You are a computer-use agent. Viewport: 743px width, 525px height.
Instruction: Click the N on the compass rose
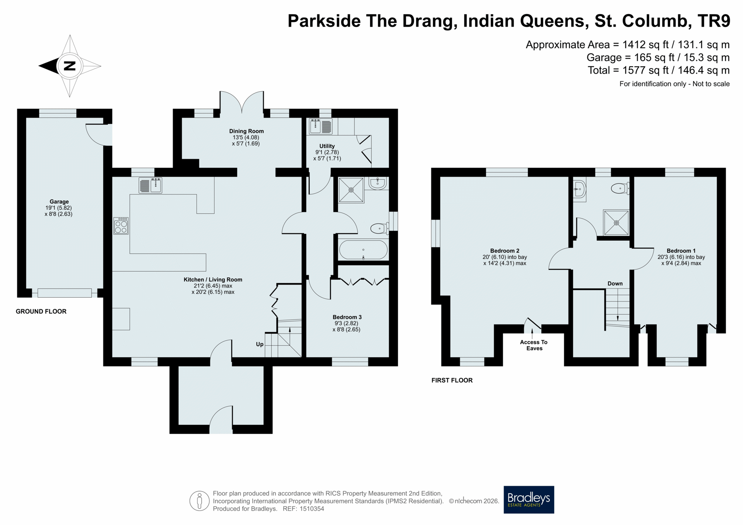(x=70, y=66)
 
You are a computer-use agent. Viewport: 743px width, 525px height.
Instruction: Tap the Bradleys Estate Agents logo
(x=529, y=499)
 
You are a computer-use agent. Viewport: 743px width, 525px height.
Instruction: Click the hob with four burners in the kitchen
(x=121, y=226)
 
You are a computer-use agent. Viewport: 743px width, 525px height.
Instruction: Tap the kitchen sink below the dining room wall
(x=150, y=185)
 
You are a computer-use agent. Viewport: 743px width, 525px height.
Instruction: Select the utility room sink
(x=320, y=126)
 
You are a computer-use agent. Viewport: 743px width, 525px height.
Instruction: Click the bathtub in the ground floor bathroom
(x=363, y=250)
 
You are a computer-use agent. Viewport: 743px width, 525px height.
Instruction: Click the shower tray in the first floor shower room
(x=616, y=223)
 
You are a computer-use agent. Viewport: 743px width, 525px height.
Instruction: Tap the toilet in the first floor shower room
(x=620, y=189)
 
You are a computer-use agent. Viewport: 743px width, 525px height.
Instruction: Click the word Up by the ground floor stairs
(x=260, y=344)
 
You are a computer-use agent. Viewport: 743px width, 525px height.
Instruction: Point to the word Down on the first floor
(x=615, y=283)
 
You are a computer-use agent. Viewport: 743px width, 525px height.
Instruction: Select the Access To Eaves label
(x=534, y=345)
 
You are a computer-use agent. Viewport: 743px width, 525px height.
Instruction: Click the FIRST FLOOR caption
(x=452, y=380)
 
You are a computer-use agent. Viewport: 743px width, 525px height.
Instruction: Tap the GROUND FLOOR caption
(x=41, y=312)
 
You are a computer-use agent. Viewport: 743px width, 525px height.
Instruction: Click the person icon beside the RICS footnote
(x=199, y=501)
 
